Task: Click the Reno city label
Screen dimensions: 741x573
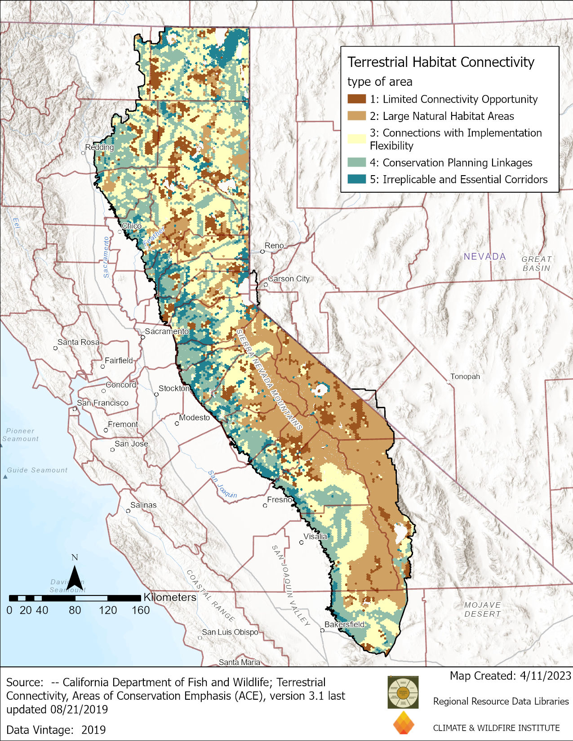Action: point(274,246)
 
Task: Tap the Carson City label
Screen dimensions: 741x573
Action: point(289,279)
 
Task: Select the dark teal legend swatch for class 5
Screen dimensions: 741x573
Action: point(356,179)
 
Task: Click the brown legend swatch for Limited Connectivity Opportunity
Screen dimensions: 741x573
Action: point(356,99)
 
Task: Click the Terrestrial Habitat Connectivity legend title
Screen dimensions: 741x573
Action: point(440,62)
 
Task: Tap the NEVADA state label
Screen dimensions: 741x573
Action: point(484,256)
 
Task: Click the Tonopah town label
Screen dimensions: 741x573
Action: point(465,376)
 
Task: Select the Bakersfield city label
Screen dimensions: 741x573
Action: point(344,624)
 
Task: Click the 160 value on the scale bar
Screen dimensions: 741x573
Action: point(140,610)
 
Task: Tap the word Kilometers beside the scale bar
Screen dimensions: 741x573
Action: point(170,597)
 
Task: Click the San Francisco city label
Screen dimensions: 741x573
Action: point(102,403)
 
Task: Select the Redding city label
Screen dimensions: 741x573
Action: point(99,147)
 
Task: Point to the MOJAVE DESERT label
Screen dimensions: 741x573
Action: point(482,609)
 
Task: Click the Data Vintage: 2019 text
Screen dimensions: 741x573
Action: point(56,730)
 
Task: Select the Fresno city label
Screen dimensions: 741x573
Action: point(280,500)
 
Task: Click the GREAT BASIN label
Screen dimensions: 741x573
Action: point(536,264)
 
